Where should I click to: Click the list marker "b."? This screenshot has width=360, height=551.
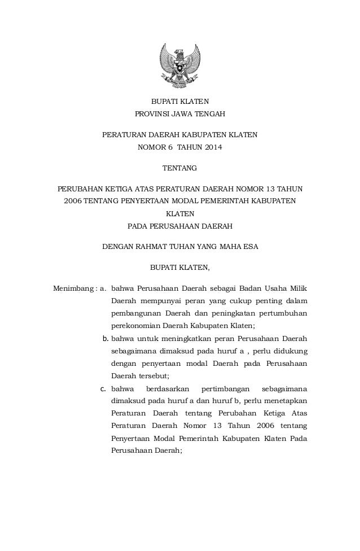click(105, 339)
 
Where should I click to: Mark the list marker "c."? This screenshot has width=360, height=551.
click(104, 389)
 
